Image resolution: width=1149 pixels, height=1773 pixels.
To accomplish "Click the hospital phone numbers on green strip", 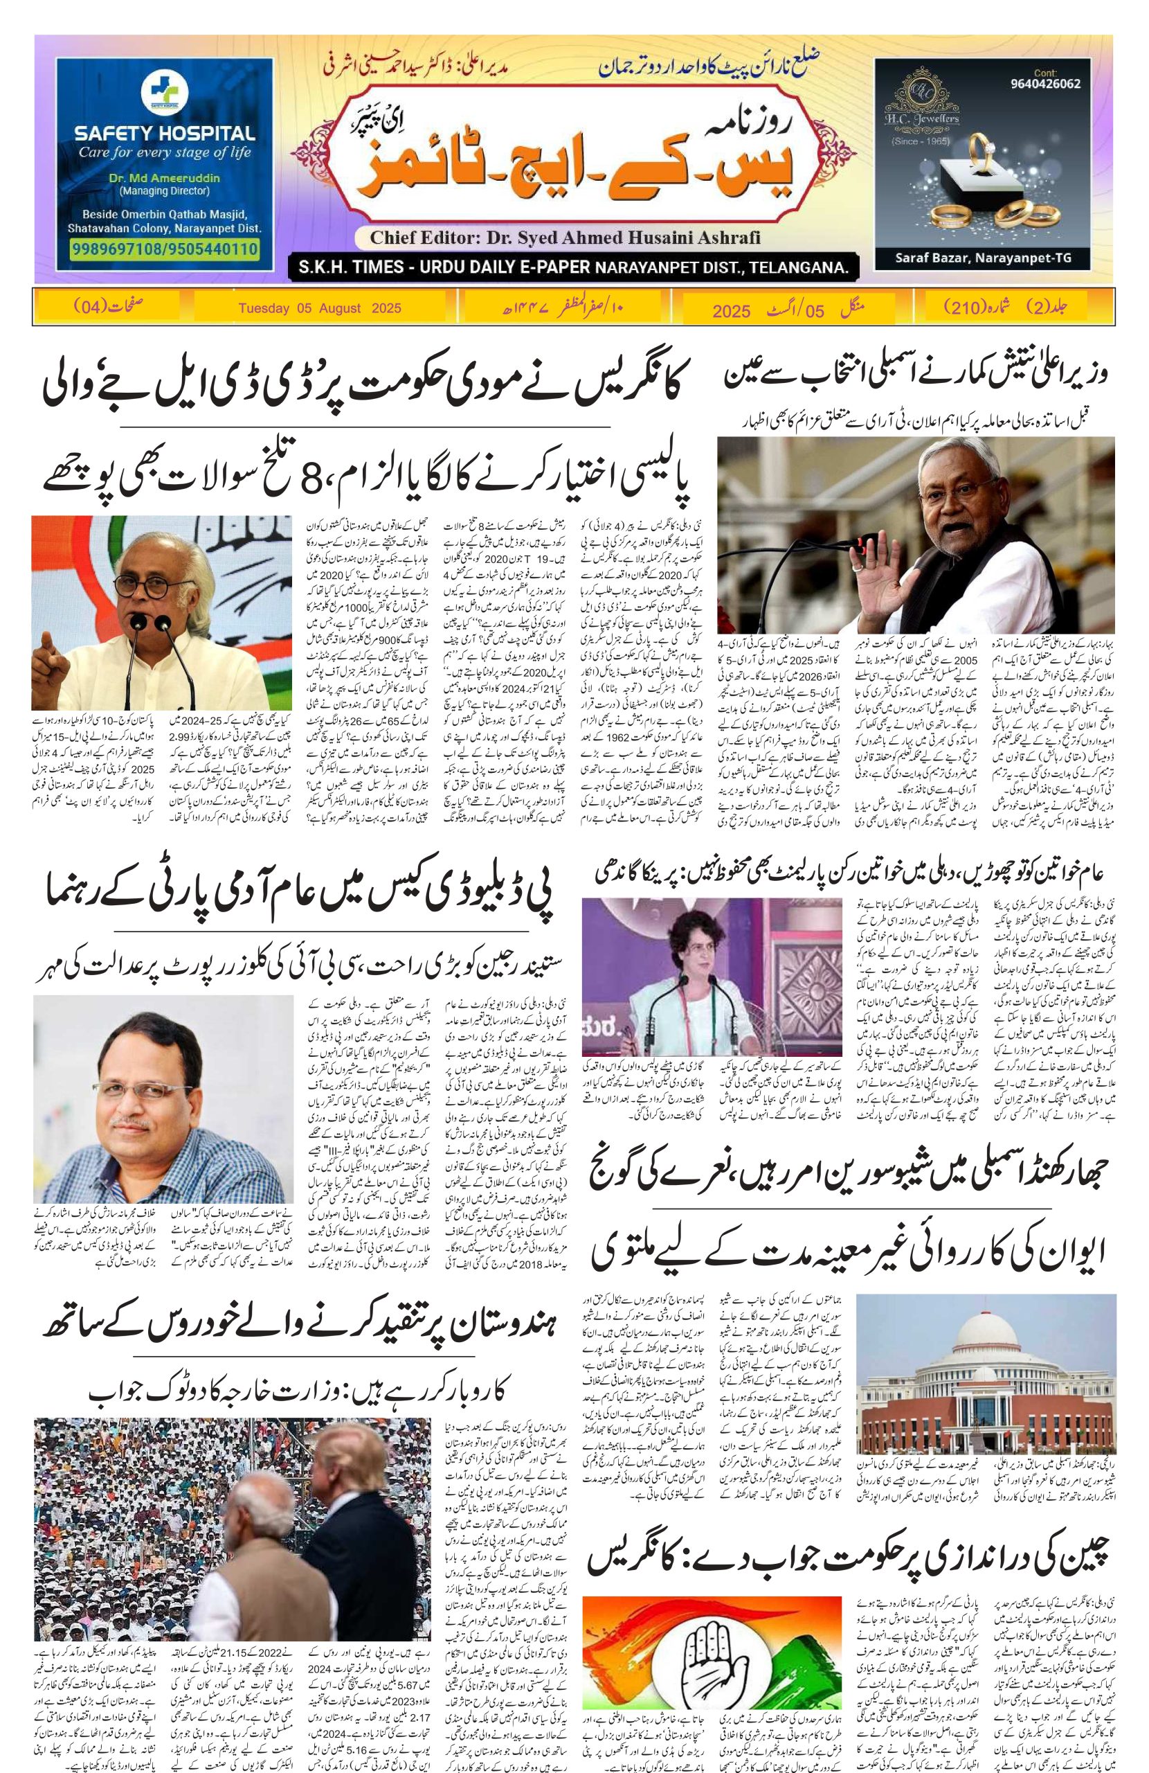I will [165, 249].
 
